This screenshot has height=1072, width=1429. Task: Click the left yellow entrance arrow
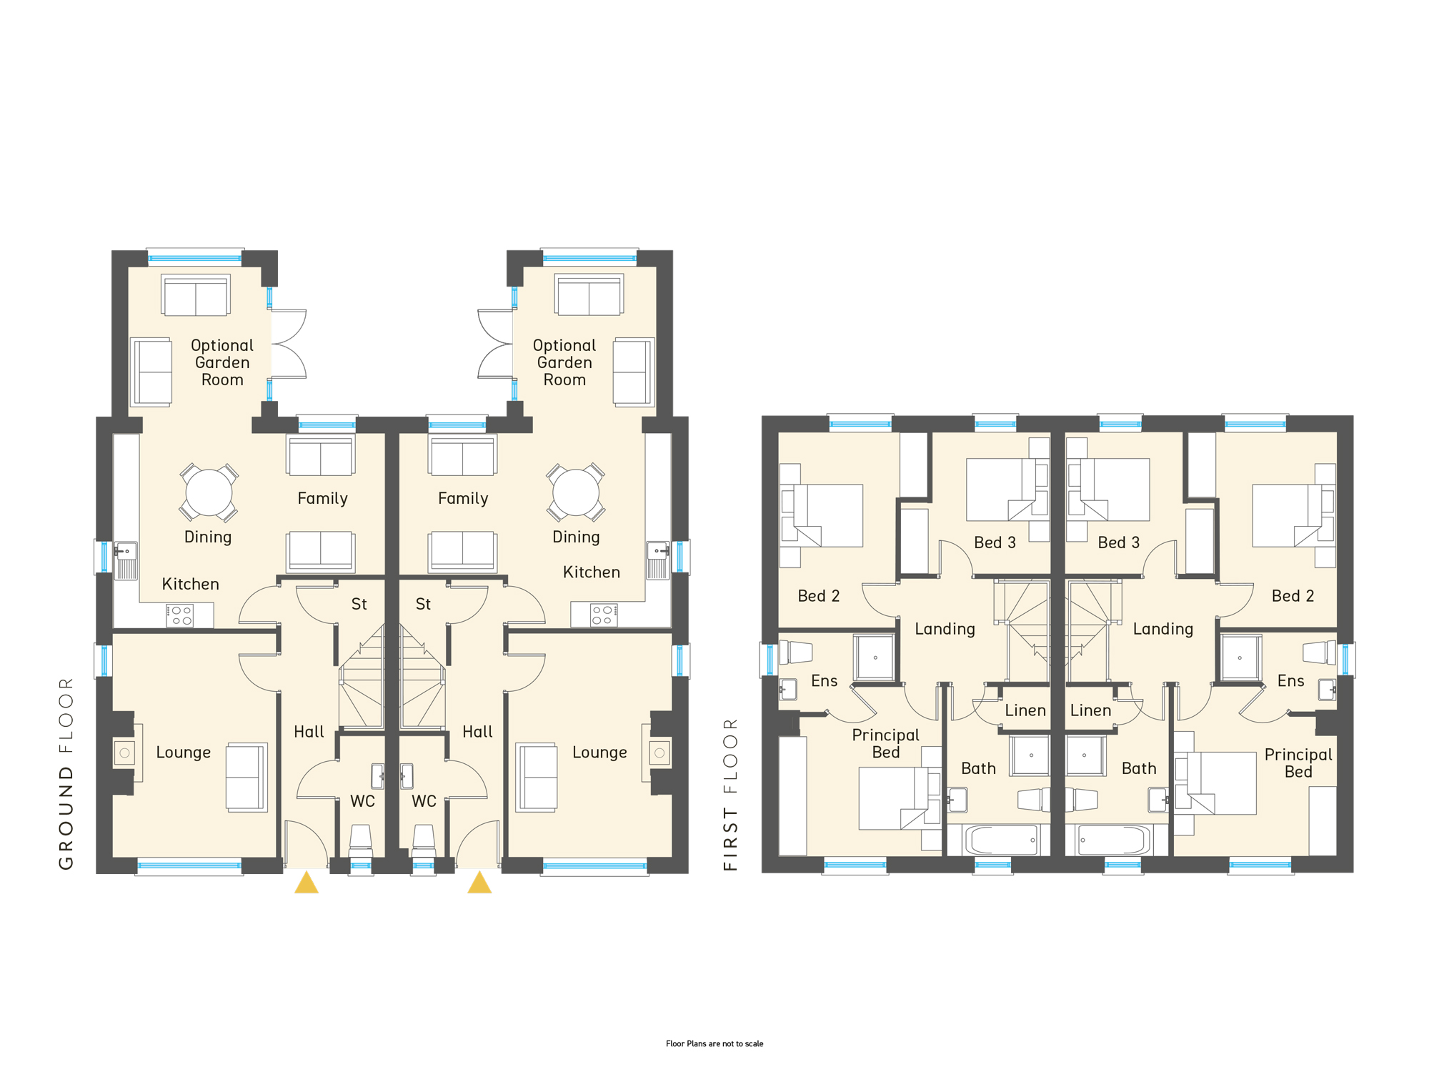point(307,884)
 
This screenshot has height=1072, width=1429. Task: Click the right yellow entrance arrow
point(479,884)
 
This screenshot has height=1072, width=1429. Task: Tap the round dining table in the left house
point(209,492)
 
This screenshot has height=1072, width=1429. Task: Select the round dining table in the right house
point(576,492)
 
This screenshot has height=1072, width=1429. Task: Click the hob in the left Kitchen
point(180,615)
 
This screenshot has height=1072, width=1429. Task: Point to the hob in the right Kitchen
point(604,615)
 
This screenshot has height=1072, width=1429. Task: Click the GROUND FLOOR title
point(66,773)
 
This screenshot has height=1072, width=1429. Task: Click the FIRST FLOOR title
point(730,794)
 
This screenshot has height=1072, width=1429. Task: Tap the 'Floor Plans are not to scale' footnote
point(714,1043)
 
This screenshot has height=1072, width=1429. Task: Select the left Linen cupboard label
point(1025,710)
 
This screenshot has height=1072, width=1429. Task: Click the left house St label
point(359,604)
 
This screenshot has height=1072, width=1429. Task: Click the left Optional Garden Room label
point(222,362)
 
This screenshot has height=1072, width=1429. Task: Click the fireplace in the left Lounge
point(124,753)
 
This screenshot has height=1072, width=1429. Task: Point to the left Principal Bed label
point(886,743)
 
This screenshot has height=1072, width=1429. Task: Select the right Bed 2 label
point(1293,596)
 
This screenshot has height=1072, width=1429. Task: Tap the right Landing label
point(1163,629)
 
